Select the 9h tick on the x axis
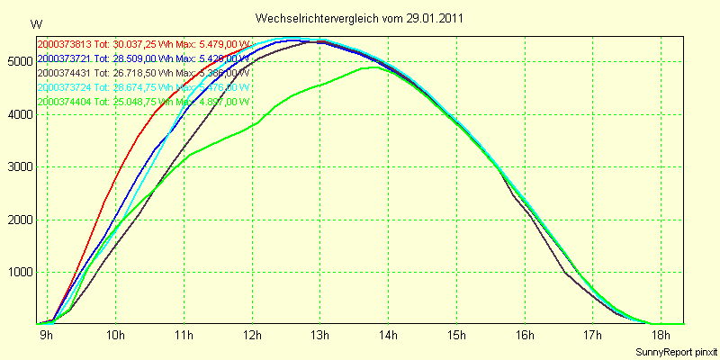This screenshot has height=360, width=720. coord(46,336)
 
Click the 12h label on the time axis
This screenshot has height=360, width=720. coord(252,336)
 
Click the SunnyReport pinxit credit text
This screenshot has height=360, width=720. coord(676,351)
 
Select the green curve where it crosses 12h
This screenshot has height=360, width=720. coord(253,125)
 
